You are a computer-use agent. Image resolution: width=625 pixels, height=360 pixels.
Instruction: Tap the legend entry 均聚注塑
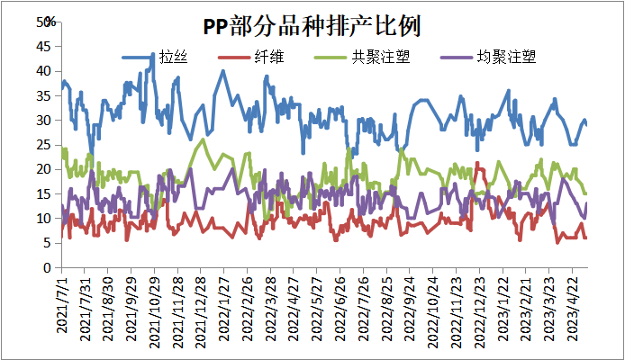(x=504, y=58)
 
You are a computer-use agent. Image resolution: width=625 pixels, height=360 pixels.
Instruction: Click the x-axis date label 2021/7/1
(x=61, y=306)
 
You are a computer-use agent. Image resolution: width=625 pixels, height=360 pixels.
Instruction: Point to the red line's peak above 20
(x=477, y=163)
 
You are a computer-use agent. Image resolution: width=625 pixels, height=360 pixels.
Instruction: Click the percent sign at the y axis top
(x=51, y=22)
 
